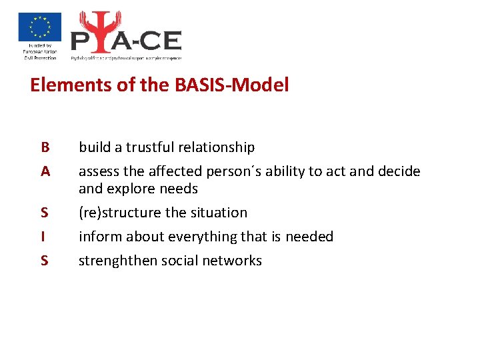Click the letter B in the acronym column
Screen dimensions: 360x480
[45, 147]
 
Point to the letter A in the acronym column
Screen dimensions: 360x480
[45, 171]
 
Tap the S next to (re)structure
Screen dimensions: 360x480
[45, 213]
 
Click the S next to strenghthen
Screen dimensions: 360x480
[45, 261]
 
